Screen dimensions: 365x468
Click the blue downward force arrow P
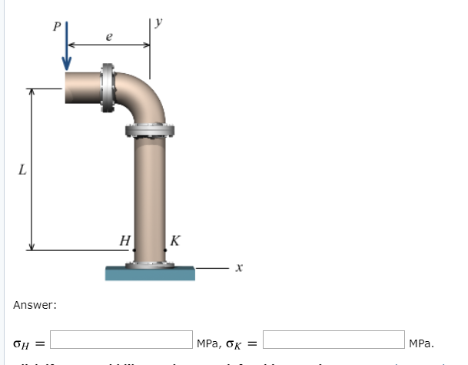68,46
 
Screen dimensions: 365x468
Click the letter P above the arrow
55,25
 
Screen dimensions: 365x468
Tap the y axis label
158,23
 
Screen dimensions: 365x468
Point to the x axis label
239,268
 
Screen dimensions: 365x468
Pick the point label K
175,240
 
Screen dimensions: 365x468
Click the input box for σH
121,340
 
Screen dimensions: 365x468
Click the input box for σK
334,340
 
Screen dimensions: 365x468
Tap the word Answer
35,306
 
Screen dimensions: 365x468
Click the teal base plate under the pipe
149,273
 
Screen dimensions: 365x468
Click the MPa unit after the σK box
422,342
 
